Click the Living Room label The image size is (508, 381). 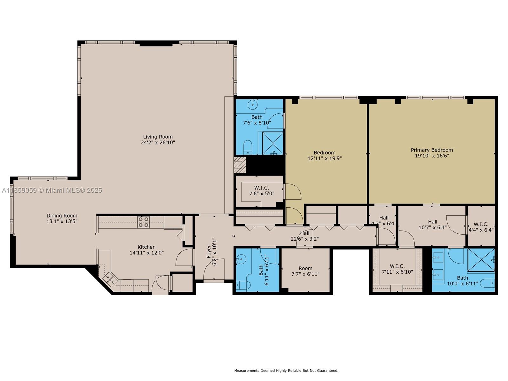coord(158,137)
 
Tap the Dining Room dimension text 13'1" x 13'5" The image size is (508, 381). coord(62,221)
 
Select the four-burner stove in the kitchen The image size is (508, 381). coord(144,222)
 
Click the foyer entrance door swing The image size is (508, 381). coord(213,270)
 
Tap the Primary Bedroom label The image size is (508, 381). coord(432,150)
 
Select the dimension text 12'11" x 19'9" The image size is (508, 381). coord(324,158)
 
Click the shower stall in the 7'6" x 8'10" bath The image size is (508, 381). coord(273,143)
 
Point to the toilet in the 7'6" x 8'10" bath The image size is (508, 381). coord(247,148)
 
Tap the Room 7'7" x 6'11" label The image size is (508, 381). coord(305,268)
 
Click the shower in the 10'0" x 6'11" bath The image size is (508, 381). coord(481,260)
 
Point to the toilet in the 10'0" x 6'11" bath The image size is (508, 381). coord(487,283)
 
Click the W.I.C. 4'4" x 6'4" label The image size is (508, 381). coord(481,224)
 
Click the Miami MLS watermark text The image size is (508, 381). coord(52,190)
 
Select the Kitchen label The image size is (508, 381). coord(146,247)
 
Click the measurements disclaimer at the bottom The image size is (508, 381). coord(286,371)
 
